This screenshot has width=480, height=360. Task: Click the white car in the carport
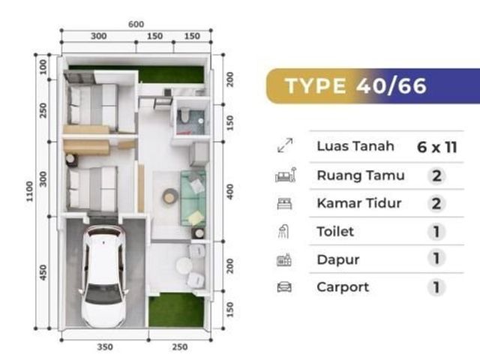coord(103,277)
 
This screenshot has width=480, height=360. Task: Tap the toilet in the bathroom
coord(184,115)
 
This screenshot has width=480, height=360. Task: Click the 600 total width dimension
coord(136,24)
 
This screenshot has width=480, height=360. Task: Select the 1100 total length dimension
coord(29,191)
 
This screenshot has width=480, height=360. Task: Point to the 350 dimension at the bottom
coord(105,346)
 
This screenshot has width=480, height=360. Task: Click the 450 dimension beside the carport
coord(43,272)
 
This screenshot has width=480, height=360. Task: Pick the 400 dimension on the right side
coord(230,192)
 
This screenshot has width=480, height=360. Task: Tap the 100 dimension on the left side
coord(43,67)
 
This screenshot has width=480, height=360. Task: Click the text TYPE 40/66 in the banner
coord(355,85)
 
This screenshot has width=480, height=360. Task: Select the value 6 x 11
coord(436,147)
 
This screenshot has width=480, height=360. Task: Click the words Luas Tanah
coord(355,146)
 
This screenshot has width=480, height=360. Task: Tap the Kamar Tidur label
coord(359,203)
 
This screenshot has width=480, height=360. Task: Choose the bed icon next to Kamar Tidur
coord(284,203)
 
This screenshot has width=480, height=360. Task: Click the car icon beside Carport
coord(284,287)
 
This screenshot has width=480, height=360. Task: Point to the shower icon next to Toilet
coord(283,232)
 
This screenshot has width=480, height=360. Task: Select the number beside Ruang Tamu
coord(436,175)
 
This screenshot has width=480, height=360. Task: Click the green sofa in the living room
coord(193,198)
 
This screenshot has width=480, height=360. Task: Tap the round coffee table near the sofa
coord(169,196)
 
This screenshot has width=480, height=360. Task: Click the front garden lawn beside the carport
coord(176,310)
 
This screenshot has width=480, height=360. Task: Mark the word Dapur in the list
coord(338,260)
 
